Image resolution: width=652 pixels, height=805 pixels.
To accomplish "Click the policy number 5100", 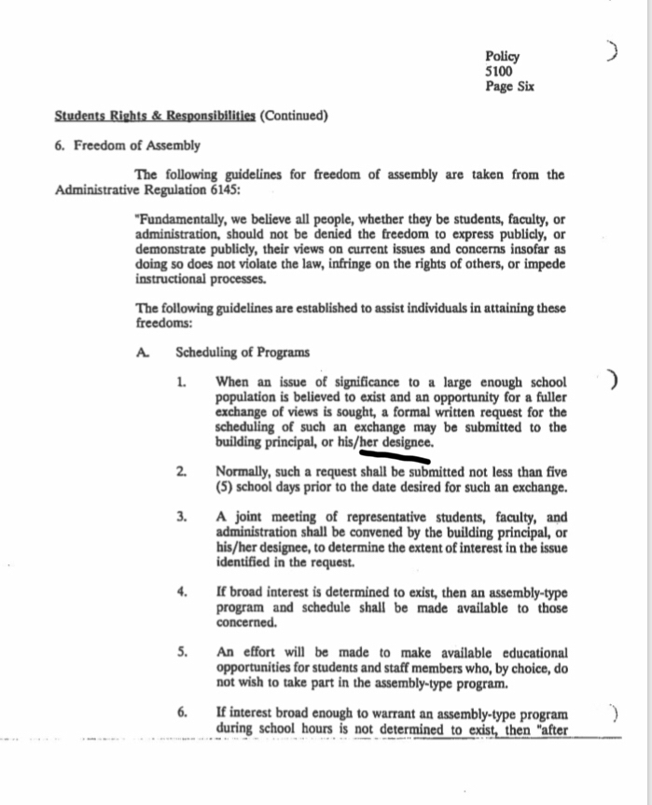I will coord(499,71).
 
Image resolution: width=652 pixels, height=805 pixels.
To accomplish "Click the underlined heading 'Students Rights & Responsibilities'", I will coord(155,117).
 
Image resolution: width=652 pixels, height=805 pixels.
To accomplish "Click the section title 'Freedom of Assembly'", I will coord(135,146).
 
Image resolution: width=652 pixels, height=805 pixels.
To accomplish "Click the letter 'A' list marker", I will coord(142,353).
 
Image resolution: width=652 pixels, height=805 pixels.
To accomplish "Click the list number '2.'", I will coord(183,473).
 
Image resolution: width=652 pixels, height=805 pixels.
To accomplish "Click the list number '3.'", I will coord(183,516).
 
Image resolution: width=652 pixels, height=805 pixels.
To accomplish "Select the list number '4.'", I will coord(183,591).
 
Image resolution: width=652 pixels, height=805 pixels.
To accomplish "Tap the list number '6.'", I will coord(183,714).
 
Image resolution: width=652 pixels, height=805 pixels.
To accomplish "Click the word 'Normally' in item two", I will coord(244,473).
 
